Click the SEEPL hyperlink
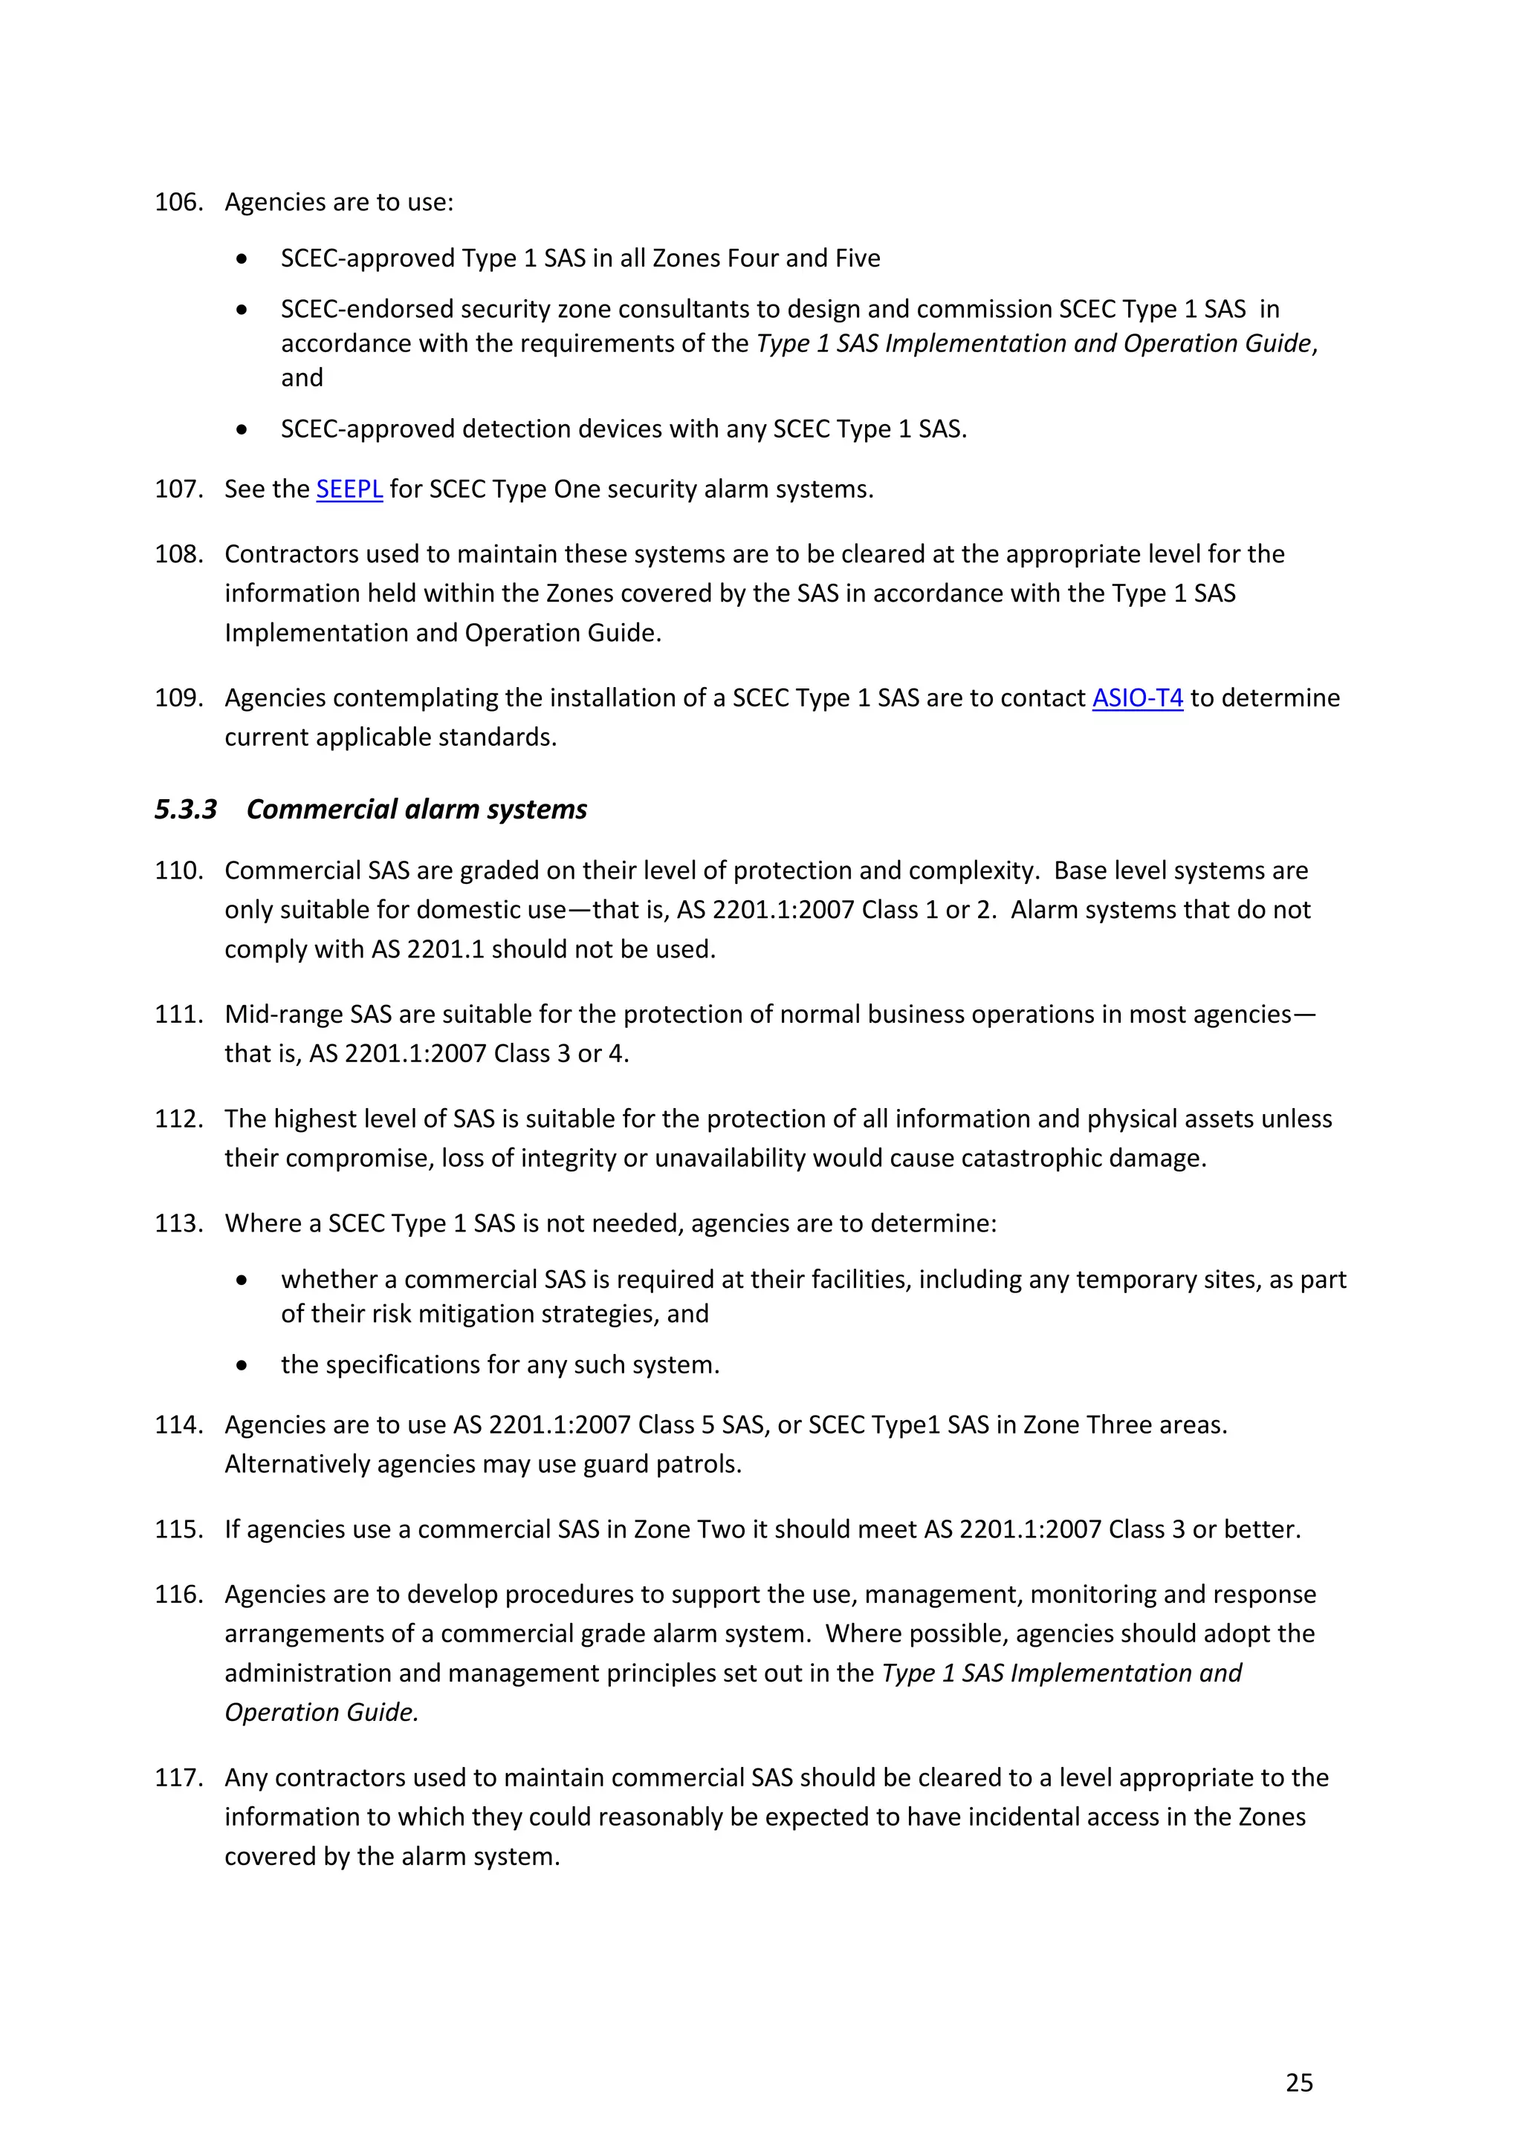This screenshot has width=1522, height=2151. (x=349, y=489)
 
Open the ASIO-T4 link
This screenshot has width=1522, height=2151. (x=1137, y=698)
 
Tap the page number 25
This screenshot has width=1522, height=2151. (x=1299, y=2083)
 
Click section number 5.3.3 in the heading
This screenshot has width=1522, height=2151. (x=186, y=810)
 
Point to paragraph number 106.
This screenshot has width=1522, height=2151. (x=178, y=202)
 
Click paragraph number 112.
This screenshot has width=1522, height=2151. (x=178, y=1119)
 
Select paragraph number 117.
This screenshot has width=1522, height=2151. (x=178, y=1777)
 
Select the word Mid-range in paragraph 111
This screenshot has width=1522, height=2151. (x=284, y=1015)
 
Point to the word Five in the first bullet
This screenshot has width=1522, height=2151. (x=857, y=258)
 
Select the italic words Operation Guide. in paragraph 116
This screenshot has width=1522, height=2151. (x=322, y=1713)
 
